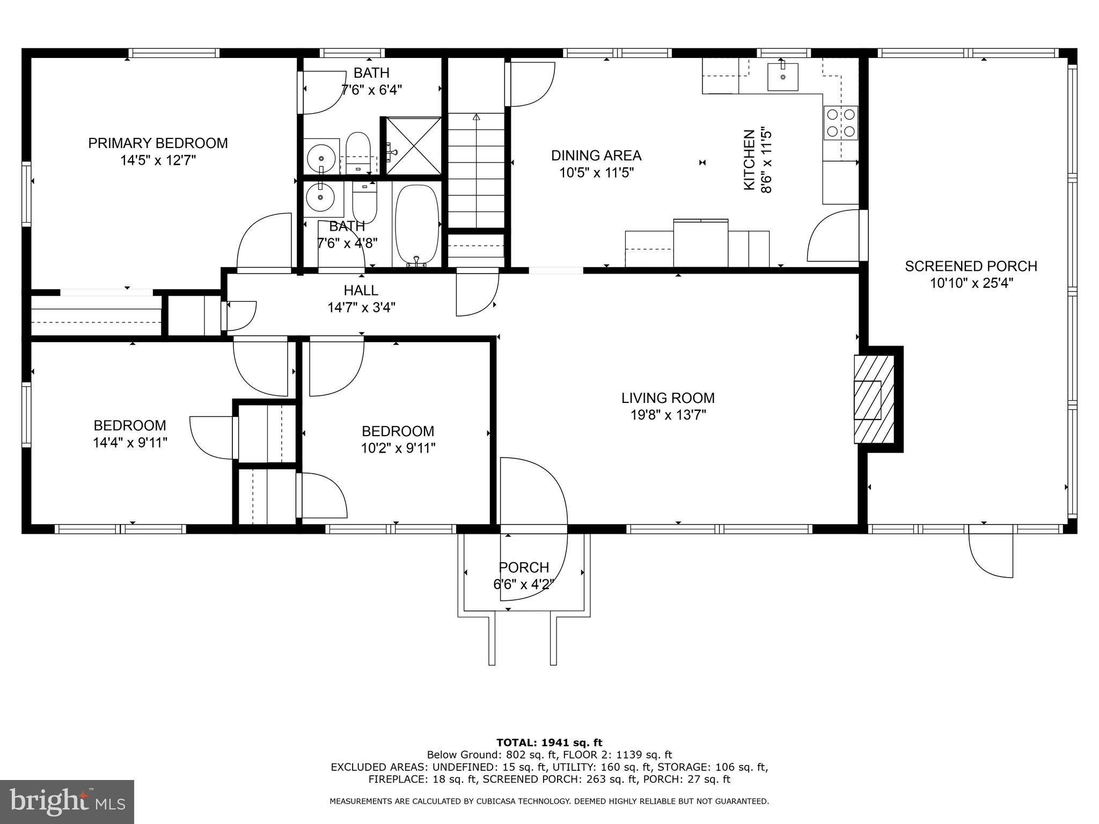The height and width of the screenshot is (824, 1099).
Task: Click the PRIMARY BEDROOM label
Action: click(158, 143)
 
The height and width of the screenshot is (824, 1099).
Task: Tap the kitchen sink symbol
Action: click(782, 76)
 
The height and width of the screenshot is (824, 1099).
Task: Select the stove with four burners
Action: click(841, 123)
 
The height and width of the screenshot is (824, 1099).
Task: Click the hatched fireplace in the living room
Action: click(874, 399)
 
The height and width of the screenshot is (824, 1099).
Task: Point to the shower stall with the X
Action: click(414, 145)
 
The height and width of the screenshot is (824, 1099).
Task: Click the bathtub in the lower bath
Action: click(417, 226)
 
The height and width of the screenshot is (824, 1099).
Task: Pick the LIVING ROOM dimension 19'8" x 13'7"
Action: click(668, 415)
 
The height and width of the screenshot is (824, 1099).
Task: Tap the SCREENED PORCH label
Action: click(971, 266)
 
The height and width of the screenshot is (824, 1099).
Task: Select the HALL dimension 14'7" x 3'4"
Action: click(361, 307)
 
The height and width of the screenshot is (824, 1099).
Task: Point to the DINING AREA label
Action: click(596, 156)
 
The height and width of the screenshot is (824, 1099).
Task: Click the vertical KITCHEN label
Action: click(749, 159)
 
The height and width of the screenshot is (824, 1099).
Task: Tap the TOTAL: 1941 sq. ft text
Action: click(549, 743)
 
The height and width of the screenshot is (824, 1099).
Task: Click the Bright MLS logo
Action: click(67, 801)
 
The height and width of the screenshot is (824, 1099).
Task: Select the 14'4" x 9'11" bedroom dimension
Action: click(130, 443)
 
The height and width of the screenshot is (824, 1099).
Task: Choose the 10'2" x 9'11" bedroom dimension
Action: click(398, 448)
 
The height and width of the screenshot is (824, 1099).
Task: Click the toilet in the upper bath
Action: click(358, 152)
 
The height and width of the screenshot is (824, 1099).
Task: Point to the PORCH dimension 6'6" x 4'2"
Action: click(524, 584)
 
